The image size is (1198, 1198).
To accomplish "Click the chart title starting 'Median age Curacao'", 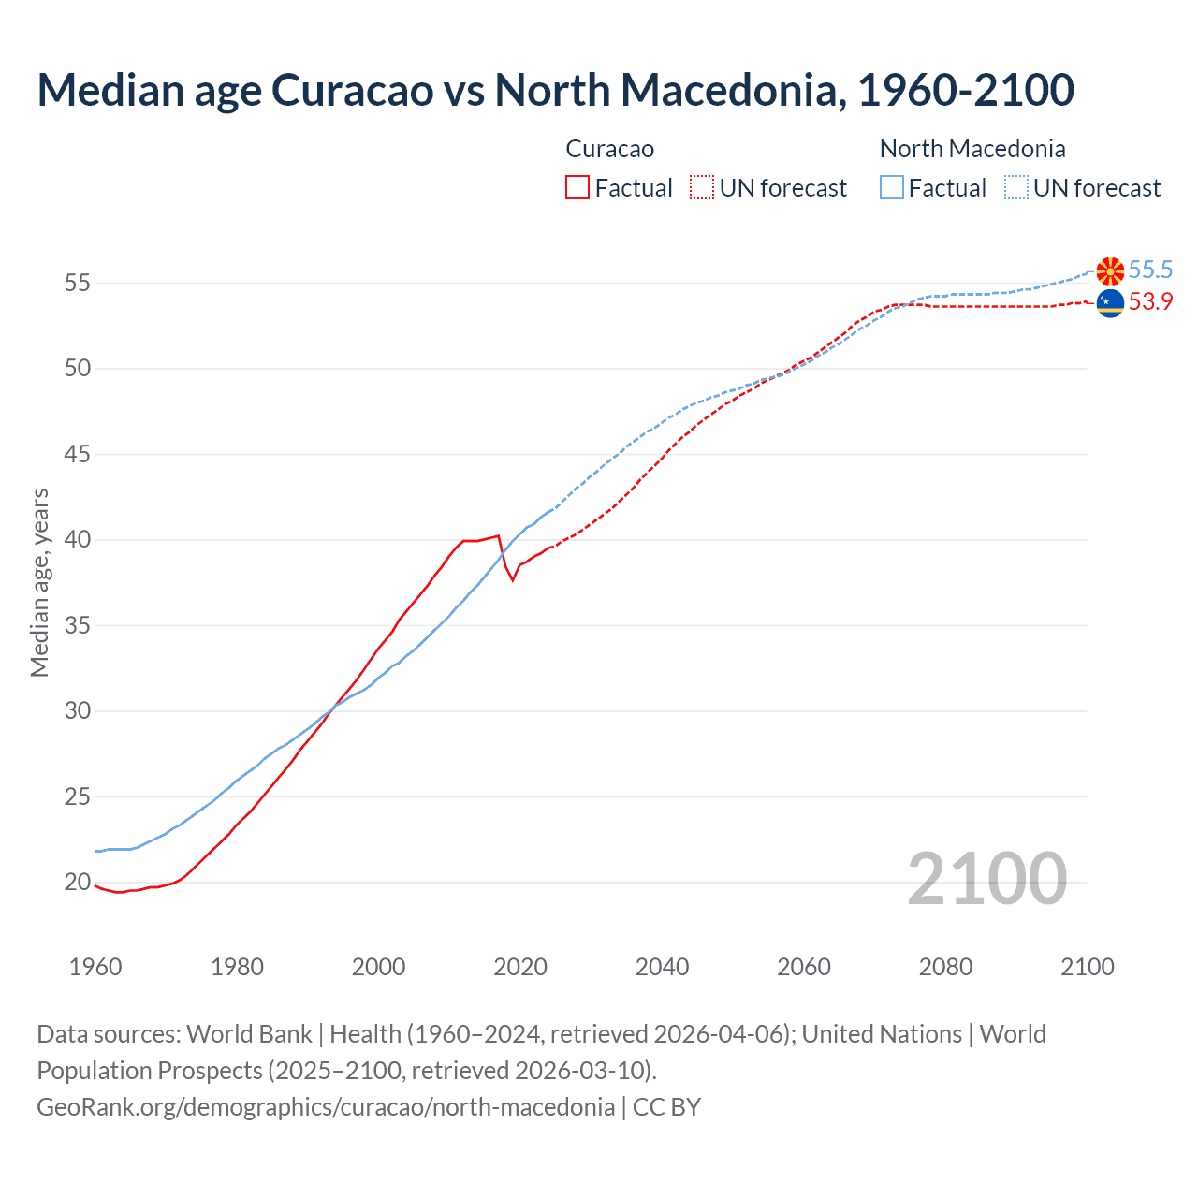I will (x=555, y=90).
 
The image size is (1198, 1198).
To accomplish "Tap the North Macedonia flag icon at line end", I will (x=1110, y=271).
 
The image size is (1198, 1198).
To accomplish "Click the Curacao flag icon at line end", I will (x=1110, y=303).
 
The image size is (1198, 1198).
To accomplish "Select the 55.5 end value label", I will (x=1150, y=270).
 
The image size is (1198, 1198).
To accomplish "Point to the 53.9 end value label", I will (x=1150, y=302).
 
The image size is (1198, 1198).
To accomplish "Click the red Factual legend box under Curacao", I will (x=577, y=188).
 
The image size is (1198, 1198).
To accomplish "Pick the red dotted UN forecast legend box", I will (x=702, y=188).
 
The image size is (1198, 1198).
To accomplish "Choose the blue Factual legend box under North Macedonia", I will (x=892, y=188).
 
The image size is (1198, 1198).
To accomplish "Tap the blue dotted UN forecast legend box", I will (x=1015, y=188).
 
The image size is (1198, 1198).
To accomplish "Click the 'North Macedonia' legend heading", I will (x=972, y=149).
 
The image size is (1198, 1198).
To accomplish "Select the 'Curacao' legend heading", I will (x=610, y=149).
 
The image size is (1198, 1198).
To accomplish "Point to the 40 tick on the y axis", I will (x=78, y=540).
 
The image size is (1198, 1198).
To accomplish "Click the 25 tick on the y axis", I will (x=78, y=797).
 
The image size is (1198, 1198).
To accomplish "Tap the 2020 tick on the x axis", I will (x=520, y=967).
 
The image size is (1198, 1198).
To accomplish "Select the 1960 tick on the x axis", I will (x=95, y=967).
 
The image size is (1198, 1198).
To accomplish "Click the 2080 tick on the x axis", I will (x=945, y=967).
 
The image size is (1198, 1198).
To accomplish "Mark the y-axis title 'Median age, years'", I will (x=39, y=582).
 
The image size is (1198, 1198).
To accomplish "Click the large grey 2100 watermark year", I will (x=986, y=878).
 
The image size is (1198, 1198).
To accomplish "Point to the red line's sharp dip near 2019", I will (x=512, y=579).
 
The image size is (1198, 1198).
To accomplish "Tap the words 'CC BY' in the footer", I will (x=666, y=1107).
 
